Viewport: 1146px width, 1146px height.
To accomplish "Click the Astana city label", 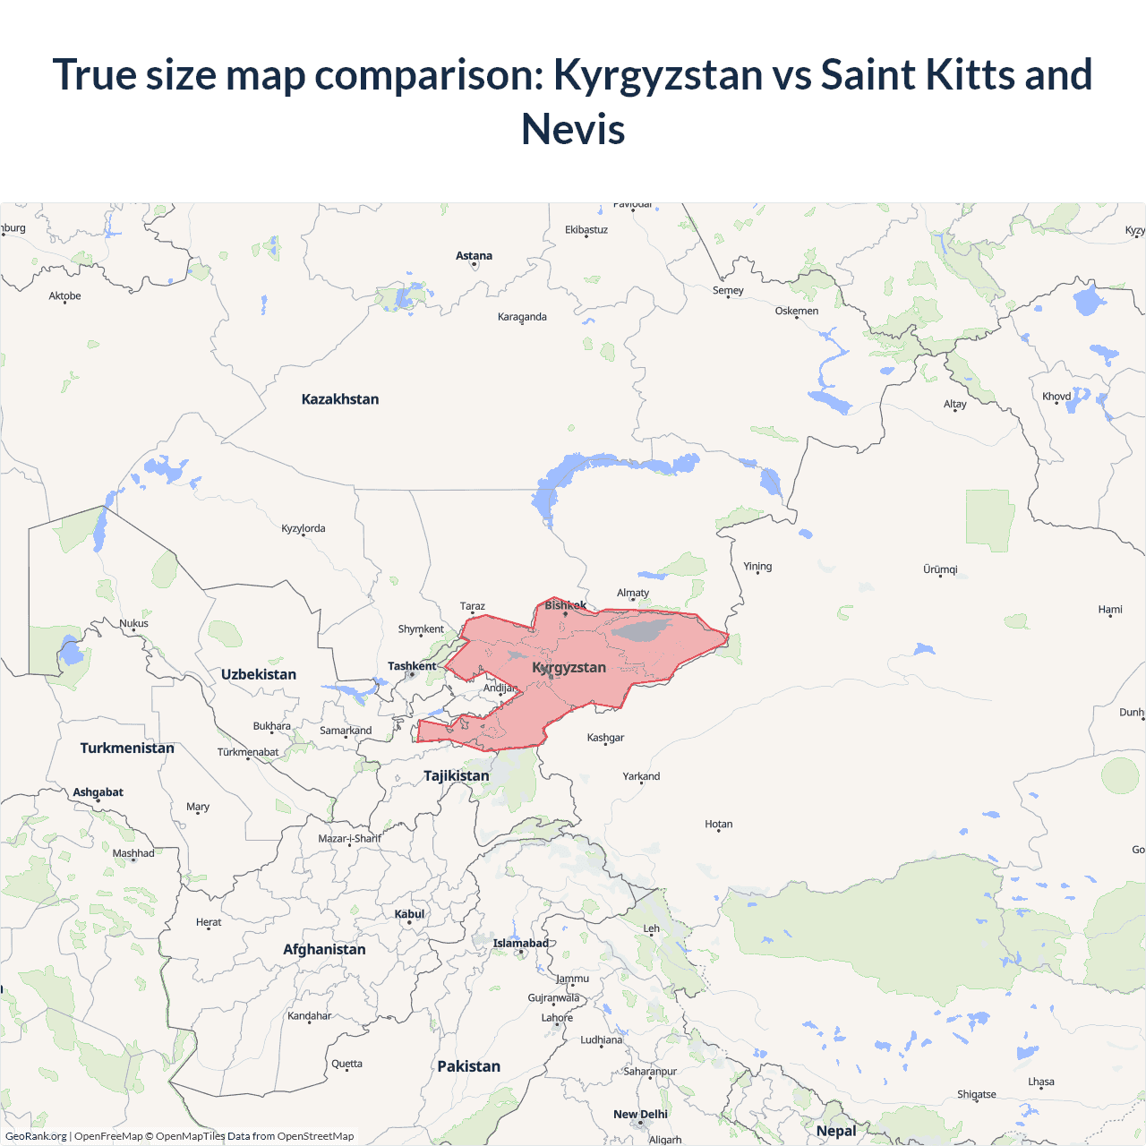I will tap(474, 256).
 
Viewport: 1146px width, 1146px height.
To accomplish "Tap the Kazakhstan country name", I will tap(340, 399).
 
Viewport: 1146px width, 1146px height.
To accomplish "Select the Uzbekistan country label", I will tap(259, 674).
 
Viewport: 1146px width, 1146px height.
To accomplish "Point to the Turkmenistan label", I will tap(127, 748).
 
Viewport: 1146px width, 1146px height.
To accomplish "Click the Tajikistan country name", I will tap(457, 775).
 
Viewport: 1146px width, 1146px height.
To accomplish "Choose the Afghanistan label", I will tap(324, 949).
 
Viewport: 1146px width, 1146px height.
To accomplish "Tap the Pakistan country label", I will tap(468, 1066).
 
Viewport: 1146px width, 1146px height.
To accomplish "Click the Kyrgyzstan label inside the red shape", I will tap(569, 668).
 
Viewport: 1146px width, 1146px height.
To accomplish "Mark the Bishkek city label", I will tap(566, 605).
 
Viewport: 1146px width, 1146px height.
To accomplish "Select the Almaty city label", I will tap(633, 593).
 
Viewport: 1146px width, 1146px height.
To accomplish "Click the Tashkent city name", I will tap(412, 666).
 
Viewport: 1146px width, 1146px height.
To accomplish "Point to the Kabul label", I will tap(409, 914).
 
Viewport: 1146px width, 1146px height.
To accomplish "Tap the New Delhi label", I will tap(640, 1115).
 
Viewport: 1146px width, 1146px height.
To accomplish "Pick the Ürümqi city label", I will tap(940, 569).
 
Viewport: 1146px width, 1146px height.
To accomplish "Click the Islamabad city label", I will tap(520, 943).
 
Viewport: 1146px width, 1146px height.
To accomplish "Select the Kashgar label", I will tap(605, 738).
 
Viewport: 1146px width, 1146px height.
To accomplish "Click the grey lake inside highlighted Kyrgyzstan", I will tap(641, 629).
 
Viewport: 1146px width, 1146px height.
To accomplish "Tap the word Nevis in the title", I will tap(573, 129).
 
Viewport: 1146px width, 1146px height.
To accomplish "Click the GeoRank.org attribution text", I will tap(36, 1136).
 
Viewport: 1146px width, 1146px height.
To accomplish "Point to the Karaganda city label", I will tap(522, 317).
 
